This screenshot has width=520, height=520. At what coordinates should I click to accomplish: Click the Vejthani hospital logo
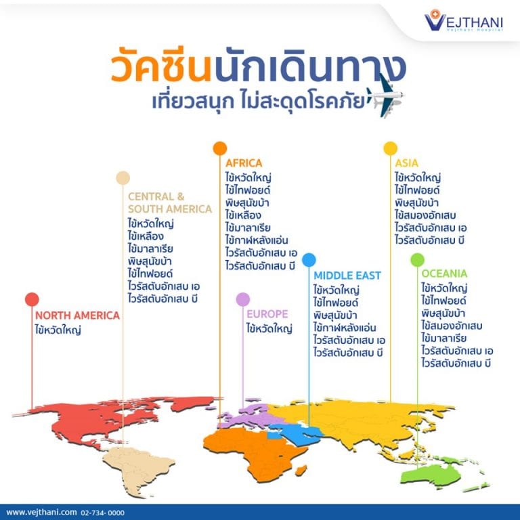[x=465, y=22]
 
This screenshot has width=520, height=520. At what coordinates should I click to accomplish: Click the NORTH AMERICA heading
[x=77, y=316]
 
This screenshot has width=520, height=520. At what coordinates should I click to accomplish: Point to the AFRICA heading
[x=244, y=163]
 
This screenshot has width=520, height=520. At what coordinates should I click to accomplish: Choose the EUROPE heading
[x=267, y=314]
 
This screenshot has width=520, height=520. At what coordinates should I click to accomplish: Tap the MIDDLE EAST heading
[x=347, y=276]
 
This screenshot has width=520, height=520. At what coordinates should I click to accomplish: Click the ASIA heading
[x=407, y=163]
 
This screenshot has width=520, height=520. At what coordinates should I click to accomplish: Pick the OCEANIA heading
[x=444, y=274]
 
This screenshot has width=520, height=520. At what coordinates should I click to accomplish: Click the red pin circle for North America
[x=32, y=299]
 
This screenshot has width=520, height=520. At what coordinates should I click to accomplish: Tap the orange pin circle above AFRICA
[x=219, y=148]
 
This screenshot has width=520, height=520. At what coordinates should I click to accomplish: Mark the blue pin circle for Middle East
[x=309, y=259]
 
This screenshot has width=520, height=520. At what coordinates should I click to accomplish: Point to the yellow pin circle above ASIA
[x=390, y=148]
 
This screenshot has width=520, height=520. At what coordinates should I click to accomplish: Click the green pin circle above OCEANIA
[x=417, y=259]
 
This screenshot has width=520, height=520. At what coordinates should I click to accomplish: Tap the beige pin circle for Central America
[x=122, y=177]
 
